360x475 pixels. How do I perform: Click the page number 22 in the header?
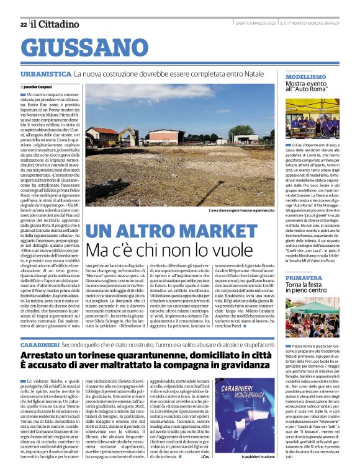[x=23, y=24]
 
